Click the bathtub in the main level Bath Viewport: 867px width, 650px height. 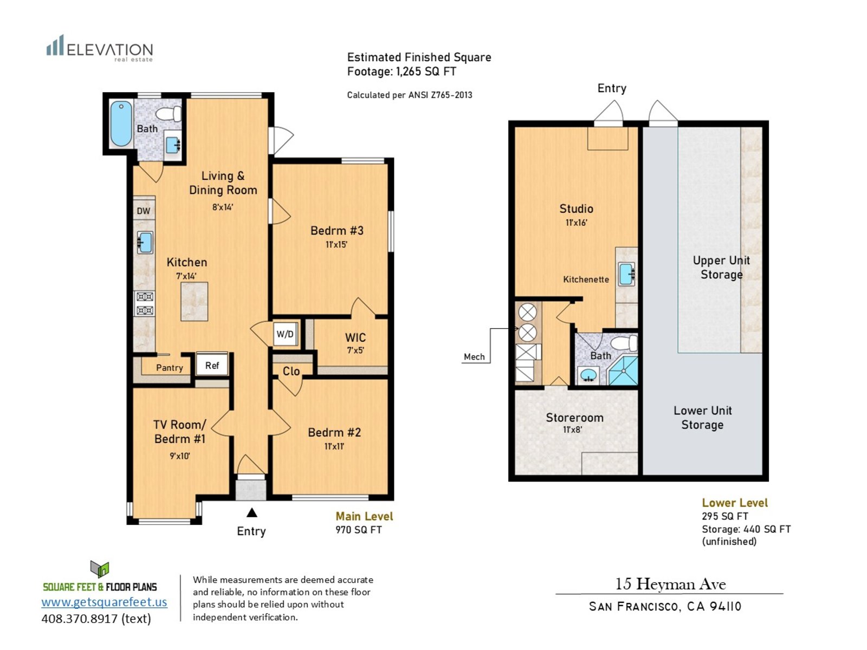coord(121,124)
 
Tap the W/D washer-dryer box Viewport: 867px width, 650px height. coord(285,334)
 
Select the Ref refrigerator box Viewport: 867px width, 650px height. coord(212,365)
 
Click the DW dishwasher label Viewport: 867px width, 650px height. coord(144,211)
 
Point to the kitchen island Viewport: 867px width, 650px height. coord(195,301)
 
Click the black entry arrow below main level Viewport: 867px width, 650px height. coord(252,512)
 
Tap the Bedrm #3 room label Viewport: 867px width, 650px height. coord(337,231)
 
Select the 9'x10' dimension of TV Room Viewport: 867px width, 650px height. coord(180,456)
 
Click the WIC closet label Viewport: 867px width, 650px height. coord(355,337)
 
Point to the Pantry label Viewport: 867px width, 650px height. coord(170,368)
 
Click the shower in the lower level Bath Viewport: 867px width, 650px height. coord(623,370)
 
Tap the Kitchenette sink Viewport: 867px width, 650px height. coord(626,274)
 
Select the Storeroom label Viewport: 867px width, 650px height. coord(575,418)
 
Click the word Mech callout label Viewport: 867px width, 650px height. coord(474,357)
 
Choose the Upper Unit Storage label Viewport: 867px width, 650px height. coord(721,268)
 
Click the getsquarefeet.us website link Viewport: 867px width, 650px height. coord(104,602)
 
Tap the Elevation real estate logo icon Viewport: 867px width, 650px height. coord(55,45)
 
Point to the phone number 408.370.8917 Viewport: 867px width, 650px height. coord(80,619)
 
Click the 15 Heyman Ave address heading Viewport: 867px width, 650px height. coord(670,584)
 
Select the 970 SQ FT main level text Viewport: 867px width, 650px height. coord(359,530)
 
